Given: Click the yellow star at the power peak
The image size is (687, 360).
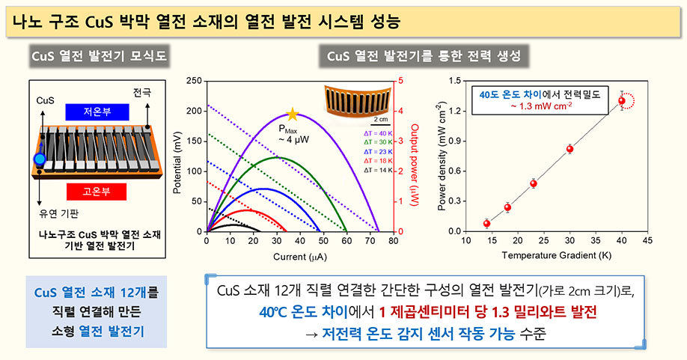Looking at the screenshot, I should tap(293, 115).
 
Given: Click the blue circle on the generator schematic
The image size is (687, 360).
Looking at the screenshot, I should tap(40, 159).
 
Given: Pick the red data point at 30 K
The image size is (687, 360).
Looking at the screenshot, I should tap(570, 149).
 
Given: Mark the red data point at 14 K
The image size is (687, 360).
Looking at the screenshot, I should tap(486, 223).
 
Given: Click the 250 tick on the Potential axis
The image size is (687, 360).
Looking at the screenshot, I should tap(193, 80).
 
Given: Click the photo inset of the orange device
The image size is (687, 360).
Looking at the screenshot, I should tap(355, 102).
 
